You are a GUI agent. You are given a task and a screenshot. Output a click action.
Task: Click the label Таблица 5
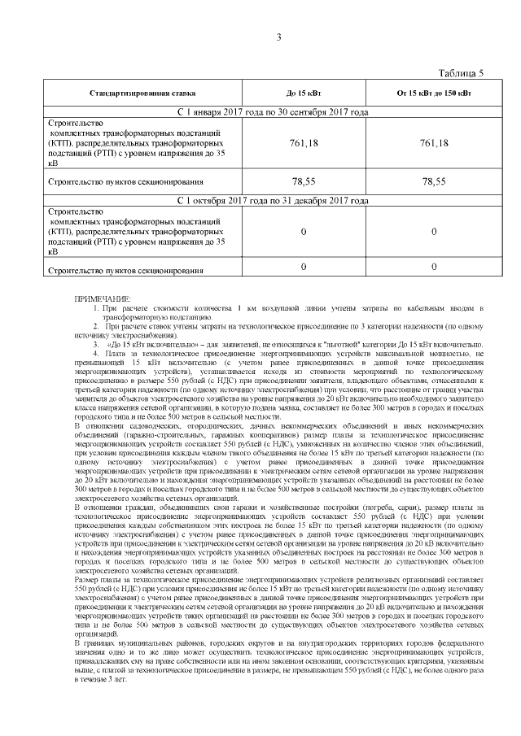[461, 73]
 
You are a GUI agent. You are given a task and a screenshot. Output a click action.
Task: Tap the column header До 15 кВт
[303, 94]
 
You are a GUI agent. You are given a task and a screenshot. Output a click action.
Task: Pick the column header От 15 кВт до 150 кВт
[433, 94]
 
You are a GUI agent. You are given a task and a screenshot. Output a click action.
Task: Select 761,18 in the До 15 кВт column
[303, 143]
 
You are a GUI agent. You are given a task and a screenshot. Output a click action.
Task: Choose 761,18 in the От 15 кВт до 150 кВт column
[433, 143]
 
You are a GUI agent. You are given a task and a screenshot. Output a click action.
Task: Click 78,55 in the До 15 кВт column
[303, 182]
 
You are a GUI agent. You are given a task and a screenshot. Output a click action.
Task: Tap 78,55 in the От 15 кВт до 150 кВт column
[433, 182]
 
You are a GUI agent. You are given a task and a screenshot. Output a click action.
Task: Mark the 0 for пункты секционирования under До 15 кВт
[303, 267]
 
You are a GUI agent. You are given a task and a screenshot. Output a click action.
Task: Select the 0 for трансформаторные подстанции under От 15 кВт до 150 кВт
[433, 232]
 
